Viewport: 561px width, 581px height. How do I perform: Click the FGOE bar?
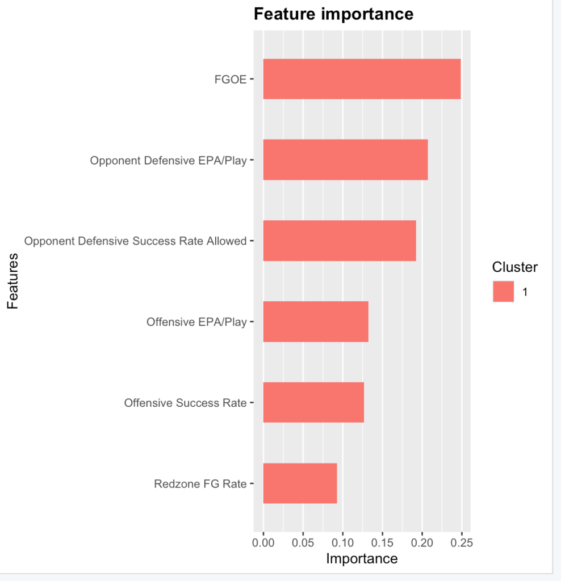click(362, 79)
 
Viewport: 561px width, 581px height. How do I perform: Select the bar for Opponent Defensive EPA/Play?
click(345, 160)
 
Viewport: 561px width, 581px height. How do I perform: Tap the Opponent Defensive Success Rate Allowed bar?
click(340, 241)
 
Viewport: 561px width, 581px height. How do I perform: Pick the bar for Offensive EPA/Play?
click(316, 322)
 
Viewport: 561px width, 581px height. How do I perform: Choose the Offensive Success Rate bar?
click(313, 402)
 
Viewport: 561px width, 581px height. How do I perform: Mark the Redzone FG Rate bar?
click(300, 483)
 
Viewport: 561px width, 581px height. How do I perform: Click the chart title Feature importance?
click(333, 14)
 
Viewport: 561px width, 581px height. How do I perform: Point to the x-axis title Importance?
click(362, 558)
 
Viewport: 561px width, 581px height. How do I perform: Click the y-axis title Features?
click(12, 281)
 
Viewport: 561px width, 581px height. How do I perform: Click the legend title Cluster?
click(514, 267)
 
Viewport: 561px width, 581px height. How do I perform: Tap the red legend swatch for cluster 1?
click(503, 292)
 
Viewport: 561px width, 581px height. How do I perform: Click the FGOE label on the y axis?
click(230, 79)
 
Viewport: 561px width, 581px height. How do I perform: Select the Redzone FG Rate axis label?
click(200, 484)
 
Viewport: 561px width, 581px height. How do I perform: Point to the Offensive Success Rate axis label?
click(185, 403)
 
